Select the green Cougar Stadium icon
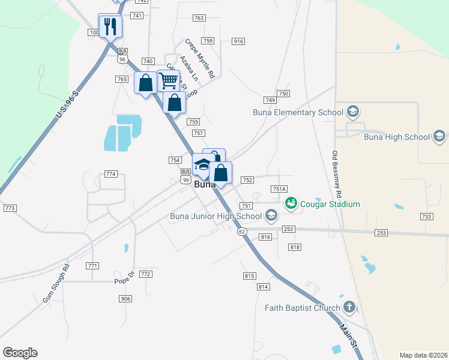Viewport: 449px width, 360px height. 292,204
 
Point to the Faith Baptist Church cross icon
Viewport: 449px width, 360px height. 349,308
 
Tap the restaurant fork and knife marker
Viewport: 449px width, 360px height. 110,26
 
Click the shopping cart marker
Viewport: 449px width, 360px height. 169,80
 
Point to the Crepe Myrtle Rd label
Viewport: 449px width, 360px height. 199,59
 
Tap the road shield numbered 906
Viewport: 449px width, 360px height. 125,299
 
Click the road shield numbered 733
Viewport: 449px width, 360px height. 426,217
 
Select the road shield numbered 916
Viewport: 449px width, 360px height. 238,41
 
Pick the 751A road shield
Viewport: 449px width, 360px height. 279,188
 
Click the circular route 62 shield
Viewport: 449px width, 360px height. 241,231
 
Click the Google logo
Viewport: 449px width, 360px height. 20,353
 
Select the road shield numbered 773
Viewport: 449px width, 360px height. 9,208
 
